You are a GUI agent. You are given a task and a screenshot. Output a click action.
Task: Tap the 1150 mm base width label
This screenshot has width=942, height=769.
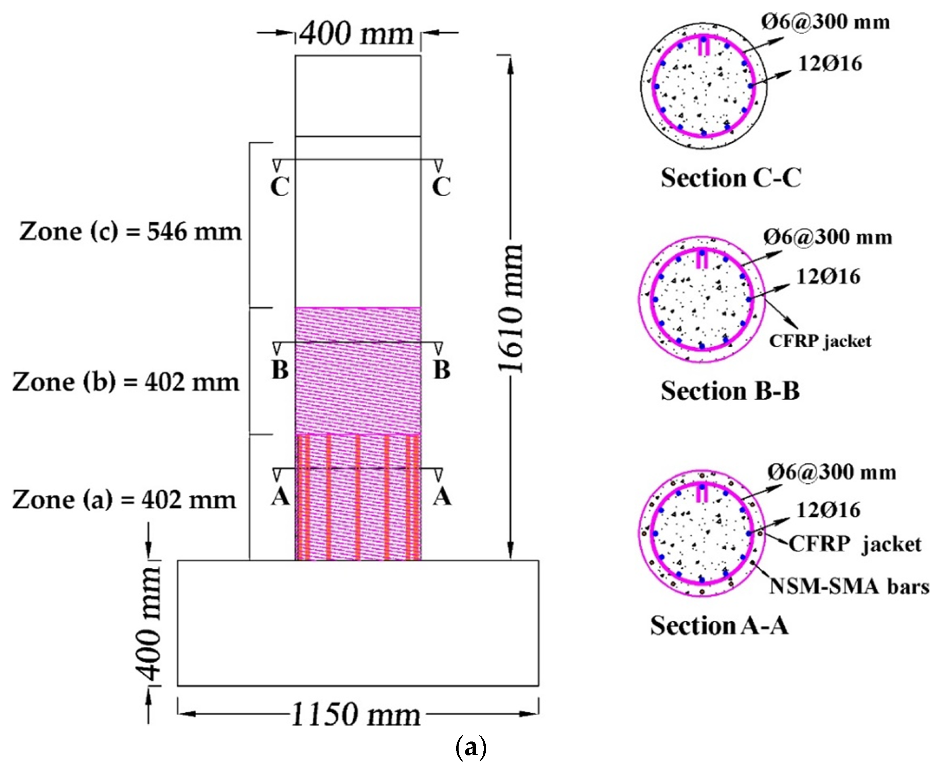click(356, 715)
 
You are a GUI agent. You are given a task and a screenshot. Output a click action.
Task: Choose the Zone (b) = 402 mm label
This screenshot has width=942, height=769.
click(126, 382)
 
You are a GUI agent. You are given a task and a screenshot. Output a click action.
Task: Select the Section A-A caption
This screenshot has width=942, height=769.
click(719, 625)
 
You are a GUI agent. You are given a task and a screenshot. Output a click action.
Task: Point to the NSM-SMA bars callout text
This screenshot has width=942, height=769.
click(849, 587)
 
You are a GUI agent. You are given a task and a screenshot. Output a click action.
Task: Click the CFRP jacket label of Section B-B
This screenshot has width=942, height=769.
click(820, 341)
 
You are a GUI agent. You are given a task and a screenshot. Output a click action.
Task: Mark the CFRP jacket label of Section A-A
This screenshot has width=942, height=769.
click(855, 544)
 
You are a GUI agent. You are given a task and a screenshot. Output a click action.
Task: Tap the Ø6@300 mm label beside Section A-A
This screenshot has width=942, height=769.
click(832, 472)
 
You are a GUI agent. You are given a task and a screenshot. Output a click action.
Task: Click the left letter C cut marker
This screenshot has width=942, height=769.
click(280, 186)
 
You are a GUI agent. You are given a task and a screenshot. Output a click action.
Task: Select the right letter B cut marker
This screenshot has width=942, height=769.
click(442, 370)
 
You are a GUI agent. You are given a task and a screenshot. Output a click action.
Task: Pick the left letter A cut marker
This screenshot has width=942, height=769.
click(280, 497)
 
